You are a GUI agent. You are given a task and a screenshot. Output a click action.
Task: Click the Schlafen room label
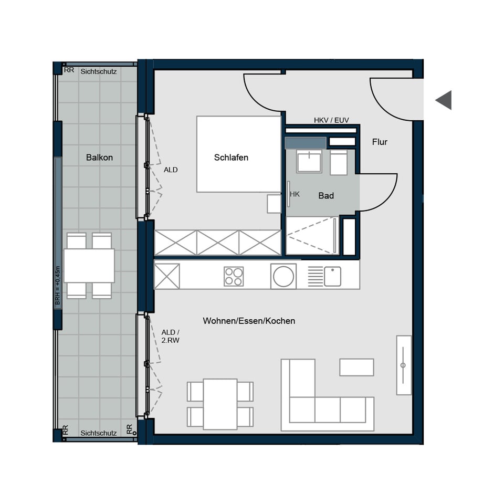point(231,157)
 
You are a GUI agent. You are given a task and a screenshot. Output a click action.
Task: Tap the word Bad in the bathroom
point(326,196)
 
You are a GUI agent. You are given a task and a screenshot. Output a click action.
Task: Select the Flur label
point(380,142)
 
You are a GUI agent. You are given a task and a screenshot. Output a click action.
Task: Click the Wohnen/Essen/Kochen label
point(249,321)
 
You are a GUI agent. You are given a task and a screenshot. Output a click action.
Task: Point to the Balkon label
point(99,157)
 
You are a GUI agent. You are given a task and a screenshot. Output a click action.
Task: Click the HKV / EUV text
point(331,120)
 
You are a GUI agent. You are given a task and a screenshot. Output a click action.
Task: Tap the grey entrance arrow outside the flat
point(444,100)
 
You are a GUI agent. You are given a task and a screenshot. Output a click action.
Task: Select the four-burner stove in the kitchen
point(234,276)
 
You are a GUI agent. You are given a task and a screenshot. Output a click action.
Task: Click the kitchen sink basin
point(332,276)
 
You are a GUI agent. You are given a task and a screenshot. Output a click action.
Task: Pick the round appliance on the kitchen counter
point(283,276)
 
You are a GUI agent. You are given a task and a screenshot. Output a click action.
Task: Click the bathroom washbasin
point(309,161)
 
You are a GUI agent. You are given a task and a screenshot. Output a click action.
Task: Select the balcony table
point(89,266)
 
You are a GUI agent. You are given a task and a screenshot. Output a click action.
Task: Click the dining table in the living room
point(220,403)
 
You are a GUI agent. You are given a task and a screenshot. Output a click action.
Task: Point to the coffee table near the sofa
point(356,367)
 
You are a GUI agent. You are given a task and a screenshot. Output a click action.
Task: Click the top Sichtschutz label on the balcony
point(99,71)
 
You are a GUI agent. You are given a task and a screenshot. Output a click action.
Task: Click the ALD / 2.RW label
point(170,336)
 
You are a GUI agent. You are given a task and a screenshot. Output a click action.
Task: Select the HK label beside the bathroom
point(295,194)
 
